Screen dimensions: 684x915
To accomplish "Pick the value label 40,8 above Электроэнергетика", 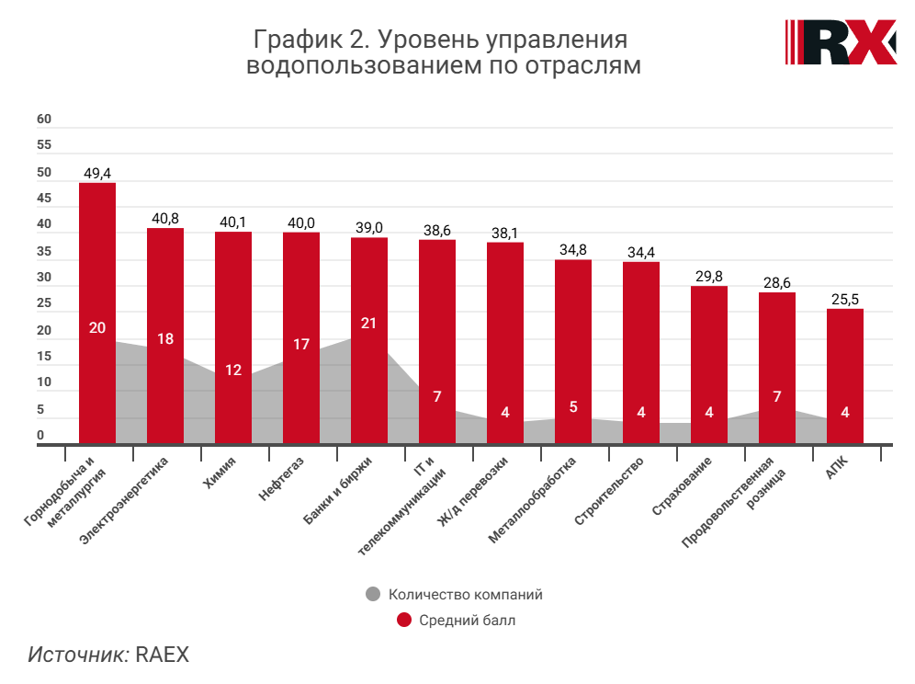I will (x=165, y=219).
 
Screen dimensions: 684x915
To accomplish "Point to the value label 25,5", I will (x=845, y=300).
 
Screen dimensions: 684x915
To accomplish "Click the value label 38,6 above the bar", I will (x=437, y=231).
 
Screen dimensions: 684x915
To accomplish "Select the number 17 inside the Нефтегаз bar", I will (x=301, y=345).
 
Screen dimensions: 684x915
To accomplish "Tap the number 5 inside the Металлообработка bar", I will (x=573, y=406).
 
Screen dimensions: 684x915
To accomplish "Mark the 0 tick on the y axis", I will (x=40, y=436).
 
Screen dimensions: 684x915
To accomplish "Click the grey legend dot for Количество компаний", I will (x=372, y=594).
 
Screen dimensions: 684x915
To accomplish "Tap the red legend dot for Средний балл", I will (x=403, y=621).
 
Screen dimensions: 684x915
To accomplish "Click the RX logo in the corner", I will (x=841, y=42).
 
